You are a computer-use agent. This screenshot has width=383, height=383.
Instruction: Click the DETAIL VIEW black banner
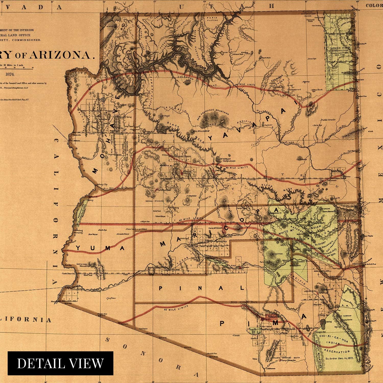[60, 363]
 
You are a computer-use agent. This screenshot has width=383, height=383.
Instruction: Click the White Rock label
[317, 90]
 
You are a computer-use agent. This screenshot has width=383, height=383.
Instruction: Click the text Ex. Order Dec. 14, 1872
[339, 358]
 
